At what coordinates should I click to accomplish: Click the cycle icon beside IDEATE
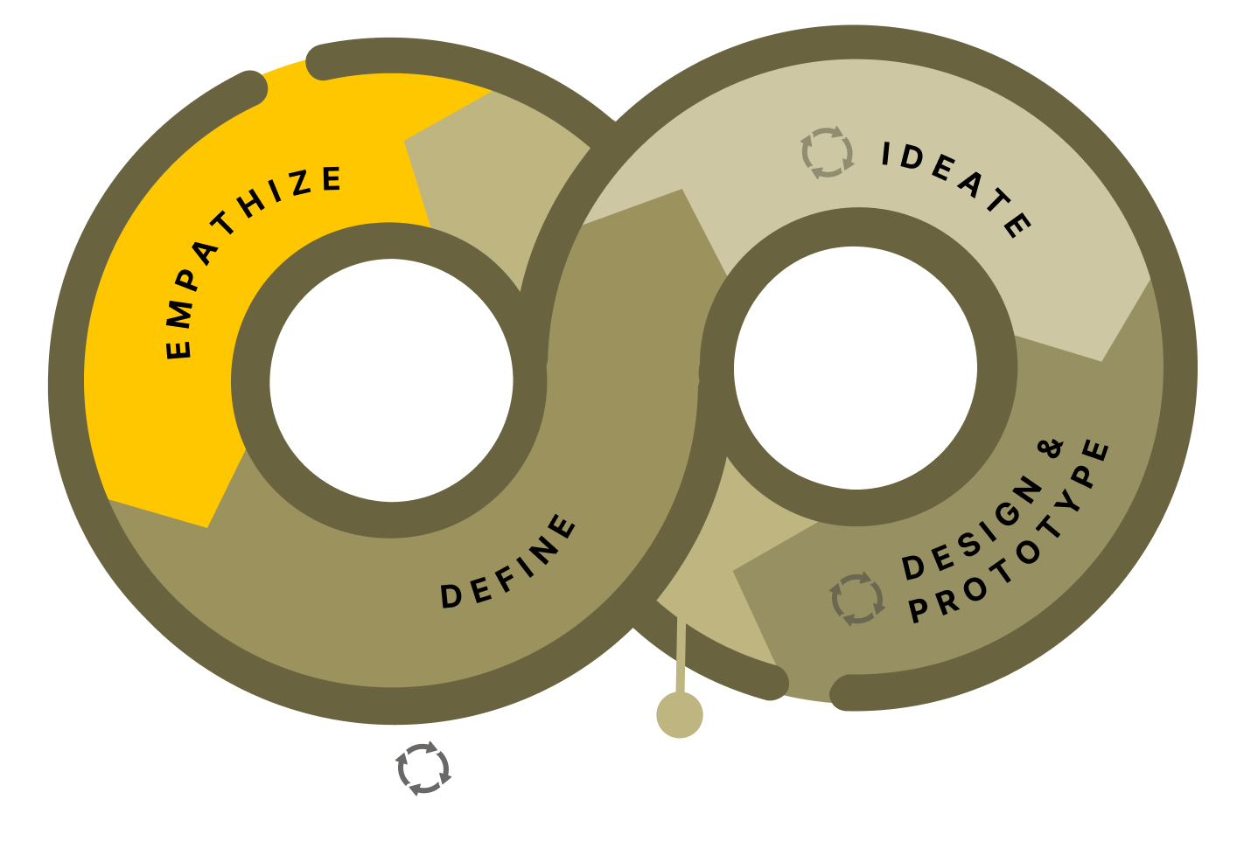click(x=828, y=152)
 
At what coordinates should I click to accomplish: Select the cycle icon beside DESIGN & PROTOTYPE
click(x=857, y=599)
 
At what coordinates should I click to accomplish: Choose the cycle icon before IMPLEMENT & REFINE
click(x=423, y=768)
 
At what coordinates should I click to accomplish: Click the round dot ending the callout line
click(x=680, y=714)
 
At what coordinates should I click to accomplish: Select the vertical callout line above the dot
click(x=681, y=656)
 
